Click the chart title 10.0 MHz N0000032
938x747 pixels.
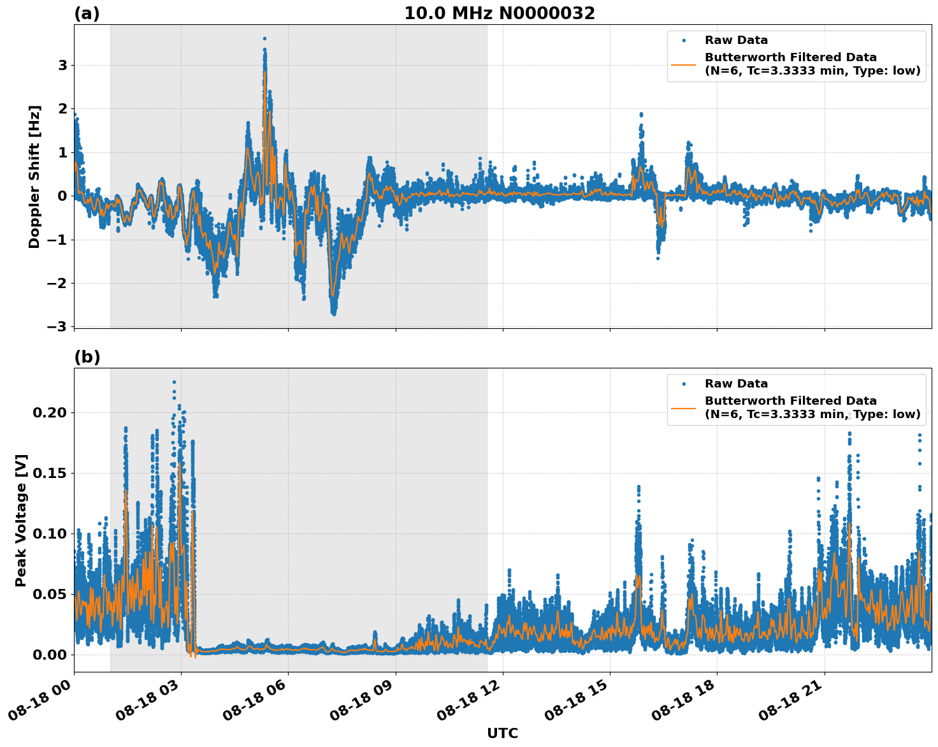(x=499, y=13)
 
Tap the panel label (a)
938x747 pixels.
(x=87, y=13)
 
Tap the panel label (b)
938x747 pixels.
(x=87, y=357)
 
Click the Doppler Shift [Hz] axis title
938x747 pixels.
(x=34, y=177)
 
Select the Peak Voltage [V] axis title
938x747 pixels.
(x=21, y=520)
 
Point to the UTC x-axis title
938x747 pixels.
(x=502, y=733)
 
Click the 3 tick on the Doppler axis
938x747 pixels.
(x=62, y=65)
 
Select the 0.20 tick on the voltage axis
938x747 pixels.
(x=49, y=412)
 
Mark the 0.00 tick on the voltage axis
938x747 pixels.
(x=49, y=655)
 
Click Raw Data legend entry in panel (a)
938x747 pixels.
(x=736, y=40)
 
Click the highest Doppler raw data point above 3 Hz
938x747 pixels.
(x=264, y=38)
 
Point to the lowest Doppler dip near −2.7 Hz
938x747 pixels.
(x=334, y=314)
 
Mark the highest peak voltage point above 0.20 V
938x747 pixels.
(x=174, y=382)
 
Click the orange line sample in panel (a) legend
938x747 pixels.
(x=683, y=64)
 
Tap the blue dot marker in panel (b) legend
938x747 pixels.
(x=683, y=384)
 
